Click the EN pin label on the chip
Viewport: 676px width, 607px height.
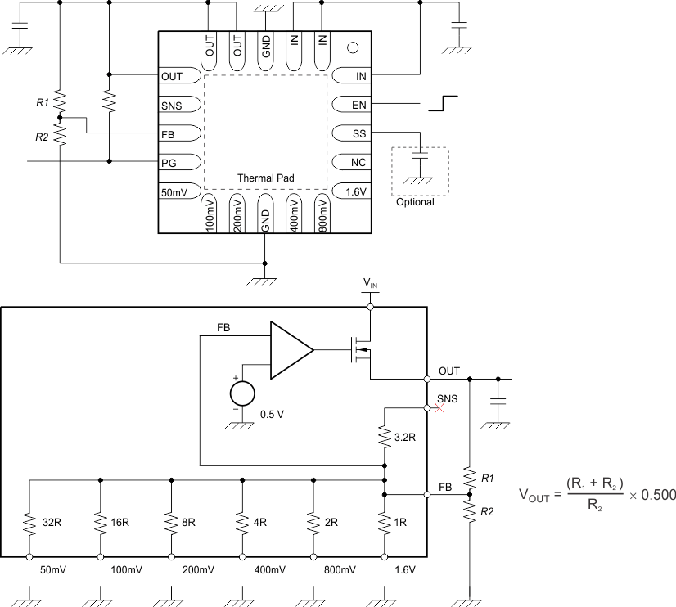point(359,105)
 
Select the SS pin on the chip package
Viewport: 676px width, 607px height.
point(359,133)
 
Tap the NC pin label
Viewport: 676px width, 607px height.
point(358,162)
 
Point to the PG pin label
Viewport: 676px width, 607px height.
point(169,162)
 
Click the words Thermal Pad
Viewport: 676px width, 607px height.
point(266,178)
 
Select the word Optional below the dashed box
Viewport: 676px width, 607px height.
point(415,202)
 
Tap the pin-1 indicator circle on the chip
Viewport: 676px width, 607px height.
point(354,48)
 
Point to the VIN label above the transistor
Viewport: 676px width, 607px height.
point(371,283)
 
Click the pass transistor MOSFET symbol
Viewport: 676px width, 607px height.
point(360,350)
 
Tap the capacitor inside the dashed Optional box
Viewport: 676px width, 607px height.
point(420,155)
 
